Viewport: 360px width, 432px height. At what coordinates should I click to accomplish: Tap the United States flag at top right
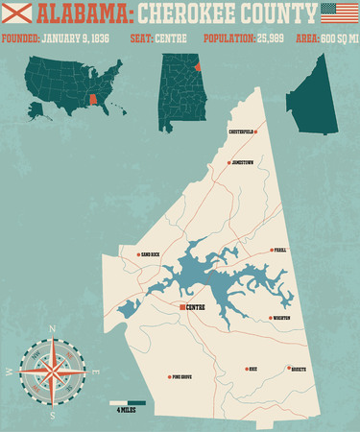(337, 12)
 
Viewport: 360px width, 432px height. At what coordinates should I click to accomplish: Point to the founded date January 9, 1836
(78, 39)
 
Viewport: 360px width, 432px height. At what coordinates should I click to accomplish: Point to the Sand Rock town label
(155, 255)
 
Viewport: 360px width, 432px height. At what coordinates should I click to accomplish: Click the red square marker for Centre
(181, 307)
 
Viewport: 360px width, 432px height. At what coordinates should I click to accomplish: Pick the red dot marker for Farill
(271, 250)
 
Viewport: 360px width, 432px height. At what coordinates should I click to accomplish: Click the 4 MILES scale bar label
(126, 411)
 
